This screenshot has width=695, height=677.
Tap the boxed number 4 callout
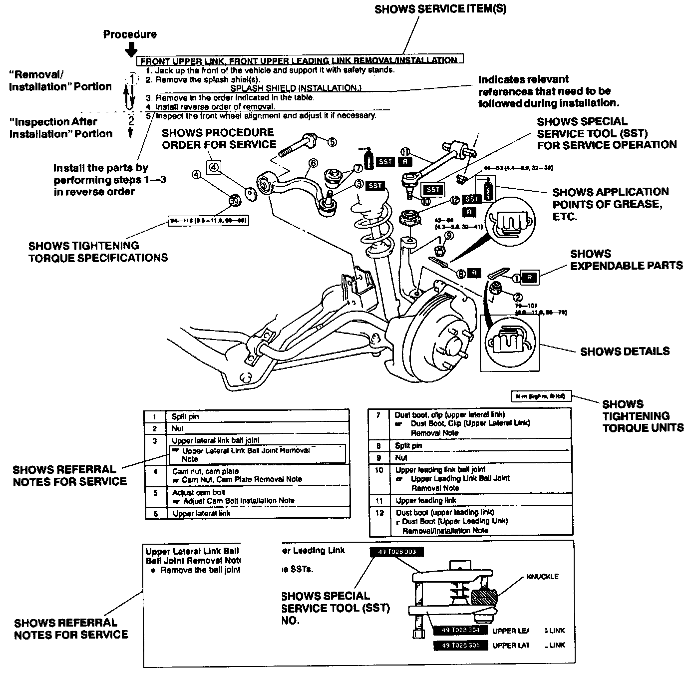213,167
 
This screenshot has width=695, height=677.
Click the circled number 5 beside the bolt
332,142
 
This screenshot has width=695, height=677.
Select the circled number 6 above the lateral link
313,163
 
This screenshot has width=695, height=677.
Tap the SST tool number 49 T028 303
397,552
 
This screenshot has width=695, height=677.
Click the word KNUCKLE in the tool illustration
542,577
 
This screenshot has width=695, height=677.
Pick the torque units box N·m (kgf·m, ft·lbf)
542,396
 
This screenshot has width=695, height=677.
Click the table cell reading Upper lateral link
202,513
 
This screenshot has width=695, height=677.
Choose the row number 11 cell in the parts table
379,500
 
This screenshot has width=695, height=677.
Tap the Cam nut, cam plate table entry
206,471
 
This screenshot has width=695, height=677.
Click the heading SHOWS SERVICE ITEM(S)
440,9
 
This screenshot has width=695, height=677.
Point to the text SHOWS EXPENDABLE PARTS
626,260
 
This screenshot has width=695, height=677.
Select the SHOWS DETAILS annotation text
625,351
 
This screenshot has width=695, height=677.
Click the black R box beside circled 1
530,278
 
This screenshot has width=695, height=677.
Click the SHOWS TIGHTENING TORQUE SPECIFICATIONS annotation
98,252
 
